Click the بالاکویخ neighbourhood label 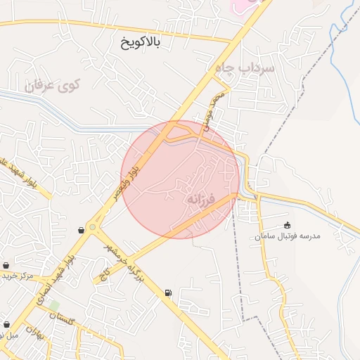pyautogui.click(x=140, y=43)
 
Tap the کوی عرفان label pyautogui.click(x=54, y=86)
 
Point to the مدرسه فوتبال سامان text pyautogui.click(x=288, y=237)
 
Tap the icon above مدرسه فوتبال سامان pyautogui.click(x=287, y=225)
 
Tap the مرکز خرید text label pyautogui.click(x=18, y=276)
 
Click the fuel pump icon pyautogui.click(x=167, y=292)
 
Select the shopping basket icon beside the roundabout pyautogui.click(x=82, y=230)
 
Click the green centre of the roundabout pyautogui.click(x=92, y=227)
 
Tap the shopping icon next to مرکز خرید pyautogui.click(x=6, y=266)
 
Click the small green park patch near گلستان pyautogui.click(x=53, y=305)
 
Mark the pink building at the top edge pyautogui.click(x=239, y=5)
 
